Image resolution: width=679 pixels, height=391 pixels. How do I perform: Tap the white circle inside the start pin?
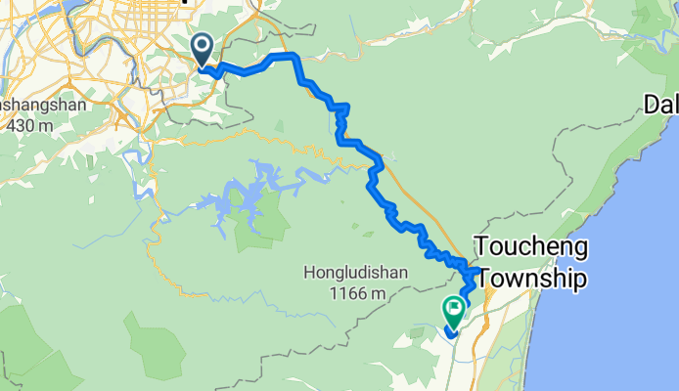[x=203, y=44]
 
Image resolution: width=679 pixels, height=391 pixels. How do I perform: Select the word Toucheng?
[x=531, y=247]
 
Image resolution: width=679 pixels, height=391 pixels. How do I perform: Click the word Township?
[x=529, y=281]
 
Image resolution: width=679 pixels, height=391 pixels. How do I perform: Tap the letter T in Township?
[x=480, y=281]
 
